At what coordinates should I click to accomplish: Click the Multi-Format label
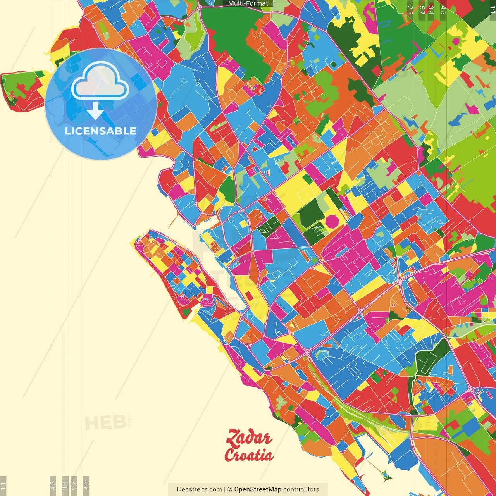(x=248, y=3)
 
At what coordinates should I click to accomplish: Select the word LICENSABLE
(x=101, y=131)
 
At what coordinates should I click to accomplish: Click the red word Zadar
(x=248, y=438)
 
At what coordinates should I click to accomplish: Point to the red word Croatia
(x=248, y=455)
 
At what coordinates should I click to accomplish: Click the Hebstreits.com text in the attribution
(x=199, y=489)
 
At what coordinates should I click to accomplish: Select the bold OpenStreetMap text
(x=258, y=489)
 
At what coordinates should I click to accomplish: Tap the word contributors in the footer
(x=301, y=489)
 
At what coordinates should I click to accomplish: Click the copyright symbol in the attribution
(x=229, y=489)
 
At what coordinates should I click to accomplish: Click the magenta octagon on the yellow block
(x=332, y=221)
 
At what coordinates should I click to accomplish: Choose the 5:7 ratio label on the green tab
(x=422, y=10)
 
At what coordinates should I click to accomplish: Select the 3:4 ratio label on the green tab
(x=431, y=10)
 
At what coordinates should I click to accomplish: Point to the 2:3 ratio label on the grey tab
(x=86, y=486)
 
